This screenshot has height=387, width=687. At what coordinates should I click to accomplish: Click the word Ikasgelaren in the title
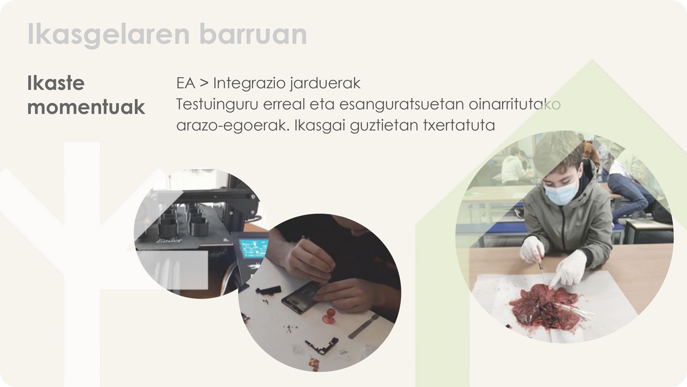(x=109, y=34)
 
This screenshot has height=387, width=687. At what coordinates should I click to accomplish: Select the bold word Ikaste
(x=56, y=83)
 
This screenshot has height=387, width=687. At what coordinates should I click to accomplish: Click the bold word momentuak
(x=86, y=107)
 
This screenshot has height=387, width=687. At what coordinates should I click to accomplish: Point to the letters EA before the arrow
(x=186, y=83)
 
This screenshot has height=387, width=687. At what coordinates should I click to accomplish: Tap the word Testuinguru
(x=217, y=105)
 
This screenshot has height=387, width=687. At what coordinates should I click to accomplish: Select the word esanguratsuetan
(x=402, y=105)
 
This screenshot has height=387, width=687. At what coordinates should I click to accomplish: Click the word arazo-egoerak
(x=233, y=126)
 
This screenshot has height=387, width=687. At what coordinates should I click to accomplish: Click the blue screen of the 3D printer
(x=253, y=248)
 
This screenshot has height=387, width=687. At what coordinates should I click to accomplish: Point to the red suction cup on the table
(x=329, y=317)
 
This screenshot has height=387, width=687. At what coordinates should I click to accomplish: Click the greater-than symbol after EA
(x=204, y=83)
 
